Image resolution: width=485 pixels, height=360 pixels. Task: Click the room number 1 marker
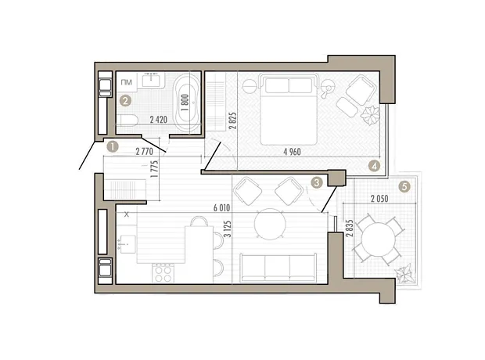point(113,146)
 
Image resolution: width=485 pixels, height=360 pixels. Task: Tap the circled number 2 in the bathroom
point(125,101)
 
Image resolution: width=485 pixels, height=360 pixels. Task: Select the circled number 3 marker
point(317,182)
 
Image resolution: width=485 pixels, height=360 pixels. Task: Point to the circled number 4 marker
point(374,166)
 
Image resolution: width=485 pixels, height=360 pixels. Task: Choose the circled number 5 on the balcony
point(404,186)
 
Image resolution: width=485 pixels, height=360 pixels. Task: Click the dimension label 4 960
point(292,152)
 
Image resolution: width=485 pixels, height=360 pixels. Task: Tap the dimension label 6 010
point(222,207)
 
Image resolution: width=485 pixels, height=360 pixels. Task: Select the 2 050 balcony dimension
point(379,199)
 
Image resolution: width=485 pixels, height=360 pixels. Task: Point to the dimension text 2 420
point(158,120)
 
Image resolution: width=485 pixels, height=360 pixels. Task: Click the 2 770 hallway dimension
point(145,152)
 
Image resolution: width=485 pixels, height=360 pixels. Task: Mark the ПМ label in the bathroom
point(126,82)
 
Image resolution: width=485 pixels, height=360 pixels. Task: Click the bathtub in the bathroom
point(187,103)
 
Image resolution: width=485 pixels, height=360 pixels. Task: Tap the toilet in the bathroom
point(128,120)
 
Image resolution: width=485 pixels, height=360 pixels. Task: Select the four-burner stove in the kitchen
point(163,272)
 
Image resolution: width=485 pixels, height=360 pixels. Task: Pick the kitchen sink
point(128,244)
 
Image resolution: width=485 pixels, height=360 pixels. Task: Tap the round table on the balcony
point(378,239)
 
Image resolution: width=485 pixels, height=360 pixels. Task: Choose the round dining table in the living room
point(270,224)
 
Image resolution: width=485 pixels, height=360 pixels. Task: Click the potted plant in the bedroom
point(370,115)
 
